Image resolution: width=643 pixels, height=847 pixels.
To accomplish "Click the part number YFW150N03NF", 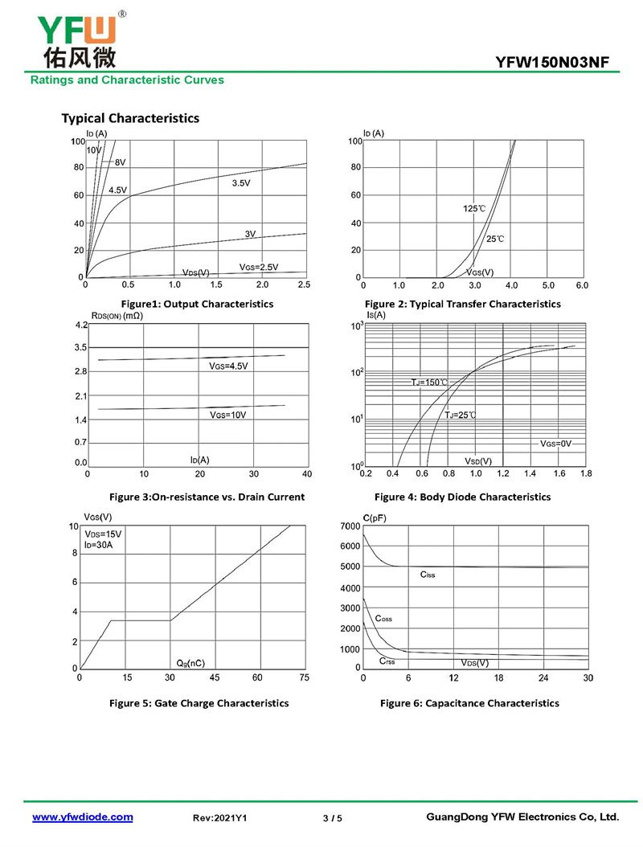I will point(557,62).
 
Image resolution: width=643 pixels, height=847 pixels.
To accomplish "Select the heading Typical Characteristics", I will point(130,118).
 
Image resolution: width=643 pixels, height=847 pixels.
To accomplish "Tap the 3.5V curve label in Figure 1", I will point(241,183).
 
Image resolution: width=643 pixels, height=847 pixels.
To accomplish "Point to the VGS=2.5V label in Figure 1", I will point(258,267).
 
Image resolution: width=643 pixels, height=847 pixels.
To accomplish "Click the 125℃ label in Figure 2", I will point(474,209).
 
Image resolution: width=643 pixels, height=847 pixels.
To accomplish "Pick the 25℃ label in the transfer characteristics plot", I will point(495,239).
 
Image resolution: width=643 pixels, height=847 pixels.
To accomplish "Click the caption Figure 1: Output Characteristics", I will point(197,304).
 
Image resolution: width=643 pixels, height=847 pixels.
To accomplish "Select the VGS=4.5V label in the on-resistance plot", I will point(229,366).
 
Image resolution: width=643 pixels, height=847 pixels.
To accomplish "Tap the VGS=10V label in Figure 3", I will point(227,415).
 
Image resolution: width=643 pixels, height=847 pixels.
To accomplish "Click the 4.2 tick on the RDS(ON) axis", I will point(80,325).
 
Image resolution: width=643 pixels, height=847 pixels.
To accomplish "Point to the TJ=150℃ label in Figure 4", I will point(429,383).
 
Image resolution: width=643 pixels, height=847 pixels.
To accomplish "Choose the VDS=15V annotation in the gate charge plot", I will point(104,534).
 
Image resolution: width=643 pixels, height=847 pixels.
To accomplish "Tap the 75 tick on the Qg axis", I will point(304,678).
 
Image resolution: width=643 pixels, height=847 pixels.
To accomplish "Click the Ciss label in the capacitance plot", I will point(427,575).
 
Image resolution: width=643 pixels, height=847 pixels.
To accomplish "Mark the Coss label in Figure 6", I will point(383,619).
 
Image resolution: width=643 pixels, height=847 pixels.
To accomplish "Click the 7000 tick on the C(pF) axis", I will point(350,526).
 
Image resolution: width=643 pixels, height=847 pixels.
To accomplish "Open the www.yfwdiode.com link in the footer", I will point(82,817).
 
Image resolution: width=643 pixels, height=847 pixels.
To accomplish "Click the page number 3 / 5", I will point(332,818).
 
